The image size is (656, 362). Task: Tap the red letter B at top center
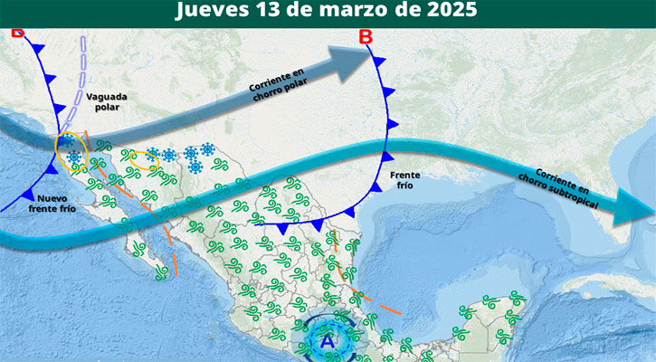pos(366,37)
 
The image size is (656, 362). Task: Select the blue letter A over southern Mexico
pos(328,341)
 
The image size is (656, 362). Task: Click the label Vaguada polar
pos(108,101)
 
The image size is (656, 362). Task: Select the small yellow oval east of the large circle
pos(144,161)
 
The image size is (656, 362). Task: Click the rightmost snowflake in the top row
pos(208,149)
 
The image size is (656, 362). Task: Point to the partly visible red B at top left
pos(17,33)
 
